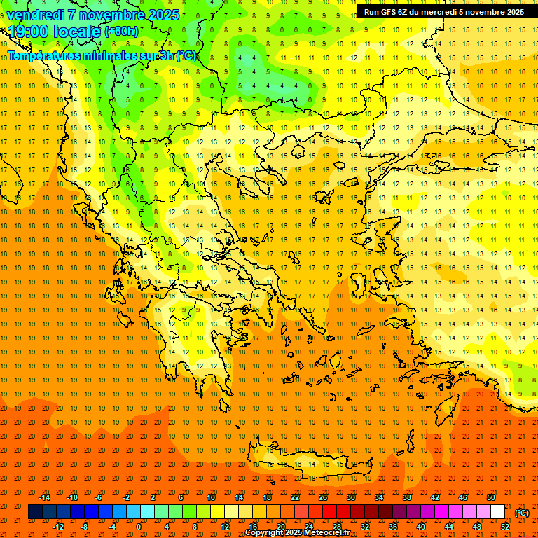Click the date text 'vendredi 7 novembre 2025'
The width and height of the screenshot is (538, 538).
93,15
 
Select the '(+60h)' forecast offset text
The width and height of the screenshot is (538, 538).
122,32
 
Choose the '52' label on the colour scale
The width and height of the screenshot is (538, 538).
504,527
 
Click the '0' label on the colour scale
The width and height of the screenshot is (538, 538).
139,527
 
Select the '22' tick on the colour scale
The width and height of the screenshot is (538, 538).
295,497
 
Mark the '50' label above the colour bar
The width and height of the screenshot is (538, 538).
490,497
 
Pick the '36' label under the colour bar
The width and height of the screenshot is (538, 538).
392,527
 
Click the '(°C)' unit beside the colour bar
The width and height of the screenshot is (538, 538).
522,512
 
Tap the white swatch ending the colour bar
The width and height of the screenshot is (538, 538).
497,512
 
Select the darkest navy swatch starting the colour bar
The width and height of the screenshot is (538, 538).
36,512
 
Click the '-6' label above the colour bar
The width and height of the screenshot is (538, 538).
99,497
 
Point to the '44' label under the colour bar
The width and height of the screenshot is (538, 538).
448,527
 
